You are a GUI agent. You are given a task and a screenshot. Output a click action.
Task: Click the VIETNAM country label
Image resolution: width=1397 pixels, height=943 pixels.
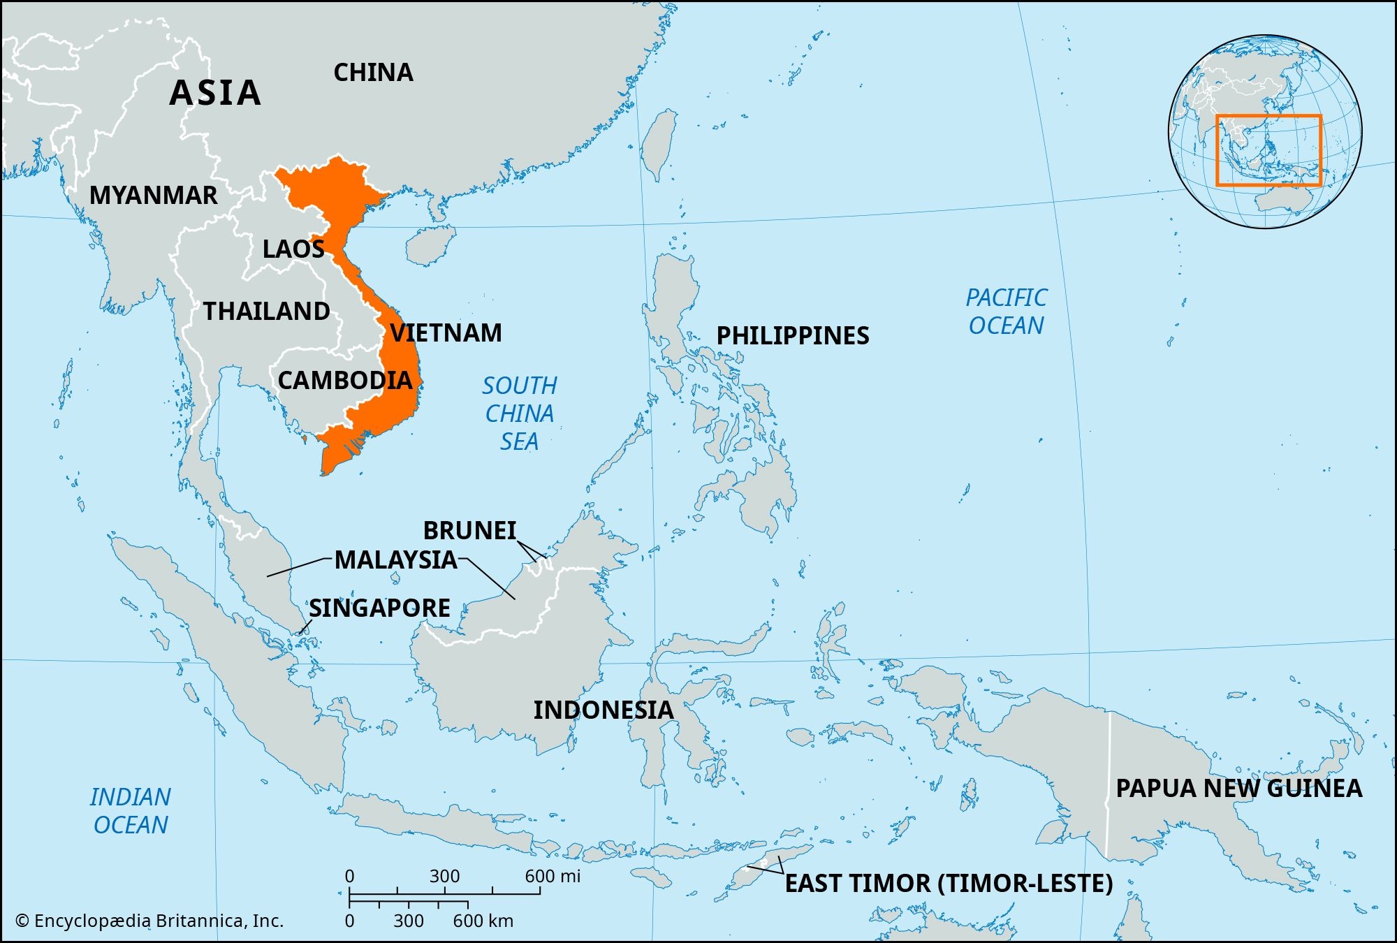click(446, 333)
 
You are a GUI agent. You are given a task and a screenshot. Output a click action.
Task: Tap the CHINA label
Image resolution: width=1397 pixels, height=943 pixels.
click(373, 73)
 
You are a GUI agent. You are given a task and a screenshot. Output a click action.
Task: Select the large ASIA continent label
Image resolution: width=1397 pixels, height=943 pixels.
click(215, 93)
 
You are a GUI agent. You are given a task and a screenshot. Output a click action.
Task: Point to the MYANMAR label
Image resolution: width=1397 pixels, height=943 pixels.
click(154, 196)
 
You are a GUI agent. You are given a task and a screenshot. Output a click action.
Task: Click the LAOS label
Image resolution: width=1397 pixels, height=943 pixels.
click(293, 249)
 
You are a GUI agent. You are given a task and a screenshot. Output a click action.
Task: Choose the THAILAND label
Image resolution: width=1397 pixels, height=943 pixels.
click(266, 312)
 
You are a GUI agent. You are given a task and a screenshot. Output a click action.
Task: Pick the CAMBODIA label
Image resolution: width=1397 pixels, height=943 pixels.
click(345, 381)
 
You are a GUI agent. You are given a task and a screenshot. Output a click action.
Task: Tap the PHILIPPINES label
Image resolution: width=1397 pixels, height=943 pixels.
click(793, 336)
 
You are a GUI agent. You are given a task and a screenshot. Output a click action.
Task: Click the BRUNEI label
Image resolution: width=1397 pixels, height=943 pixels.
click(469, 531)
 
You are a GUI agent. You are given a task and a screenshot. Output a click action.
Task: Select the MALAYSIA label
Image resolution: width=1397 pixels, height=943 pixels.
click(396, 560)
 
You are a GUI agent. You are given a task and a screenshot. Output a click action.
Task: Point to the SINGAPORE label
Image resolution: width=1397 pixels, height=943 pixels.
click(379, 608)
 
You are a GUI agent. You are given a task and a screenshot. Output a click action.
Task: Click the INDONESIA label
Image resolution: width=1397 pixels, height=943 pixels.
click(604, 710)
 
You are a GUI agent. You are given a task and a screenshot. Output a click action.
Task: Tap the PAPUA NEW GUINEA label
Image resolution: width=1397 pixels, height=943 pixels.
click(1238, 789)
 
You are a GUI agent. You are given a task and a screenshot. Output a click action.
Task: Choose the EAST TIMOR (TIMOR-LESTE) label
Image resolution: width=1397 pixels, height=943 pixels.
click(949, 884)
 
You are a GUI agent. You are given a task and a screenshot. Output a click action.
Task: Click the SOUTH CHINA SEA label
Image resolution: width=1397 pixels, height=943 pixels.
click(520, 414)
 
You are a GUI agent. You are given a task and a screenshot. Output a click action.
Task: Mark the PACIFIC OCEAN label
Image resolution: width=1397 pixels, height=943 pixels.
click(1007, 312)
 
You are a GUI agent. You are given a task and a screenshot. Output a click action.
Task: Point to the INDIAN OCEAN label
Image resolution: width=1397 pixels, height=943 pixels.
click(131, 811)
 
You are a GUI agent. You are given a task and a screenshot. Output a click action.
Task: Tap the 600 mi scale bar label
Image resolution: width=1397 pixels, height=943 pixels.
click(553, 876)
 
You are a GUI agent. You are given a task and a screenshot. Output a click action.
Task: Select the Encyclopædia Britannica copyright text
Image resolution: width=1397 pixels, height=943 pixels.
click(149, 921)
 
